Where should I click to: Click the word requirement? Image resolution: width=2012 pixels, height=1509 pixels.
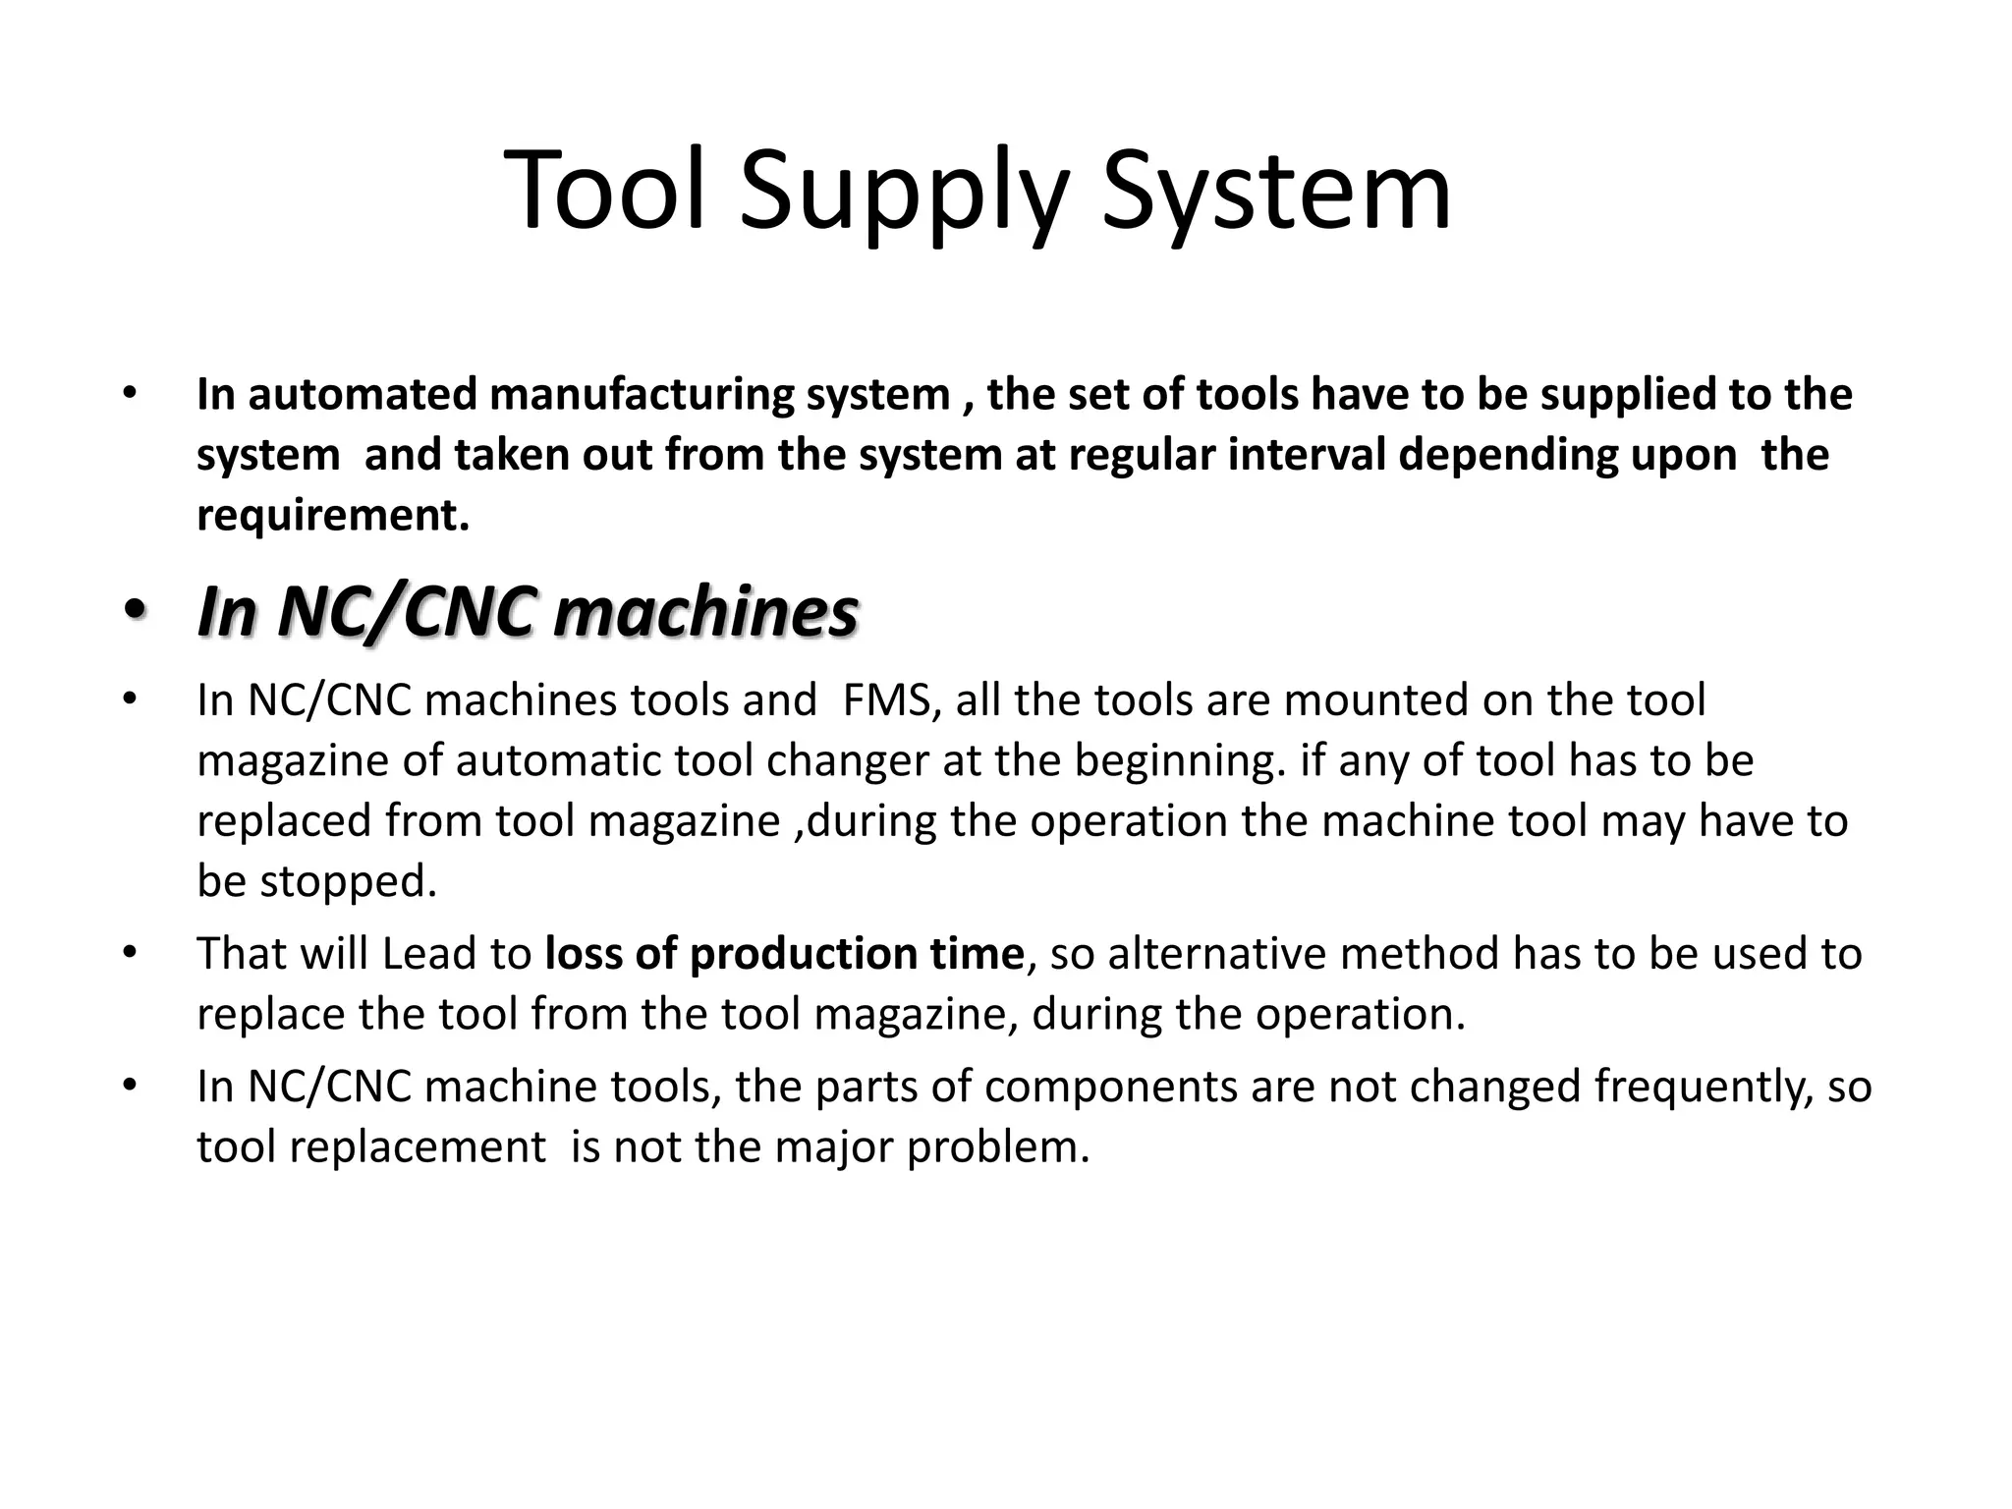click(332, 516)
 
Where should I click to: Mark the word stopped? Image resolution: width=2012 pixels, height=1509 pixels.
click(348, 883)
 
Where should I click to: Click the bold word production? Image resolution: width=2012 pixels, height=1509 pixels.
click(793, 955)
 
